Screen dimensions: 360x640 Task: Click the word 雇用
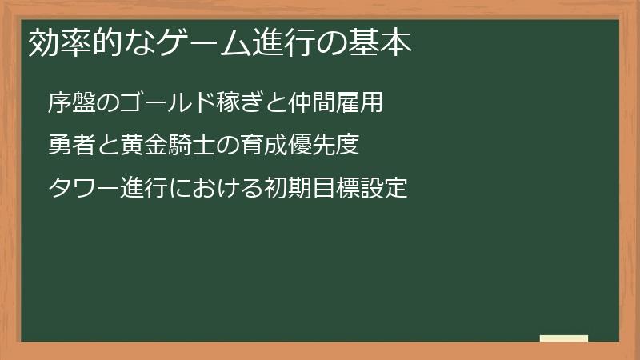[x=355, y=103]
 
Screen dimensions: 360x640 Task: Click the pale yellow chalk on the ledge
[x=564, y=338]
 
